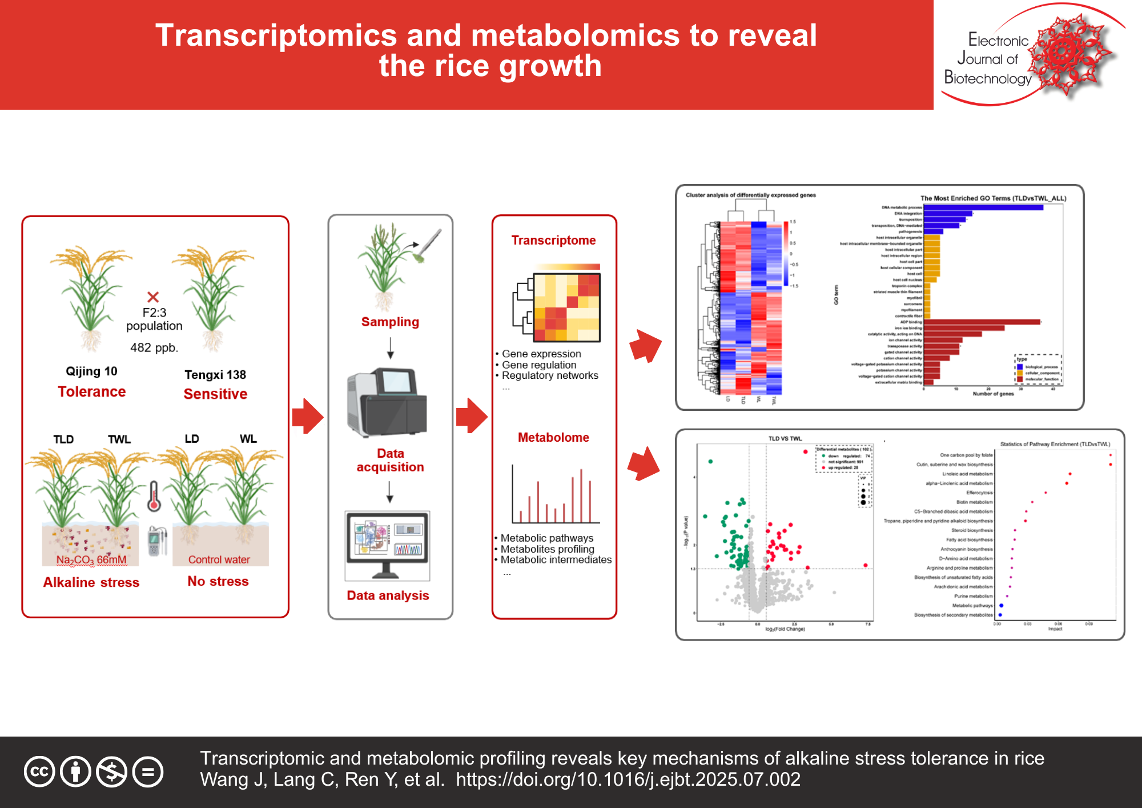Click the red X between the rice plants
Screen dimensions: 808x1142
153,297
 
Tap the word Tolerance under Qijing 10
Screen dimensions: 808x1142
91,392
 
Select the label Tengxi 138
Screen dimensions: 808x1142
215,375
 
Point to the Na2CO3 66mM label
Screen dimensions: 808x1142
91,560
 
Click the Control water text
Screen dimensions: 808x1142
219,560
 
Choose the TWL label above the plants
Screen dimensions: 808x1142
119,439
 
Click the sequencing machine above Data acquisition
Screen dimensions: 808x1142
387,403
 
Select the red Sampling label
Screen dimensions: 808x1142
390,322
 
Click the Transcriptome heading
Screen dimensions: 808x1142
553,241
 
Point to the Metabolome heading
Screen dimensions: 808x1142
553,438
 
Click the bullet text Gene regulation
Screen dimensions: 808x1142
539,365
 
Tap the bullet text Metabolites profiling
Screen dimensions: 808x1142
547,549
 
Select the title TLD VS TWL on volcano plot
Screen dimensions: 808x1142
785,439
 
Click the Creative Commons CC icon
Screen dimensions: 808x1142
39,771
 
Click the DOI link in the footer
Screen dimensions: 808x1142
628,780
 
